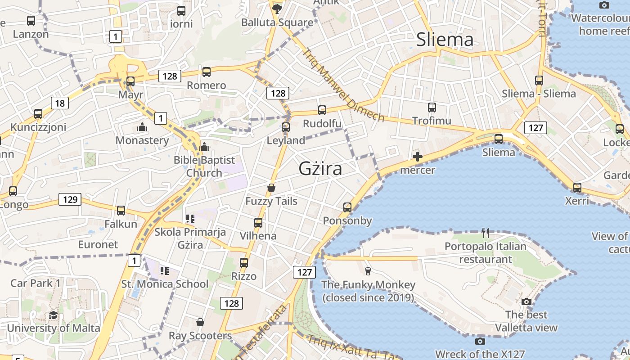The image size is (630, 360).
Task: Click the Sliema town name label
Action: [x=445, y=40]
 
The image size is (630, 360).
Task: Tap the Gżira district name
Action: [x=320, y=169]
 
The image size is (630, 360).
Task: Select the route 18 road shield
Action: [x=59, y=103]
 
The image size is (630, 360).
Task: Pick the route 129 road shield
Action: [x=70, y=199]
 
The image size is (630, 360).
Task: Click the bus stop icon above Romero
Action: [x=207, y=72]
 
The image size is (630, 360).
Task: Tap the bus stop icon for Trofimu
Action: [x=432, y=108]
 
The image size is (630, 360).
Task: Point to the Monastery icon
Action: [x=142, y=127]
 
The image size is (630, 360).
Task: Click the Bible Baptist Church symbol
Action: [x=204, y=147]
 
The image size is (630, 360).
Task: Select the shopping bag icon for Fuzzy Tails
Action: [x=271, y=188]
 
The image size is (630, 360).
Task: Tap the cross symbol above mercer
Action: [x=418, y=157]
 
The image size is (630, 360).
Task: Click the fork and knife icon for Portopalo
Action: [x=485, y=233]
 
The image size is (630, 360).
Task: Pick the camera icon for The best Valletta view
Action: [x=526, y=301]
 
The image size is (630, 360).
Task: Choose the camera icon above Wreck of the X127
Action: [x=480, y=341]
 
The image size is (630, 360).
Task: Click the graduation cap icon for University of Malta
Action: [x=53, y=315]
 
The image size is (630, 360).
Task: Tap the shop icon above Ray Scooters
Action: [x=200, y=322]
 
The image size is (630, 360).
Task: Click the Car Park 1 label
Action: [x=35, y=283]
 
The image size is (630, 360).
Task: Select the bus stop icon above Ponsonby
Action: [x=347, y=207]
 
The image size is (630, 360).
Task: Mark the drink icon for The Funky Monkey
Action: [x=368, y=271]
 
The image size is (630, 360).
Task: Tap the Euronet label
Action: [x=98, y=245]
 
